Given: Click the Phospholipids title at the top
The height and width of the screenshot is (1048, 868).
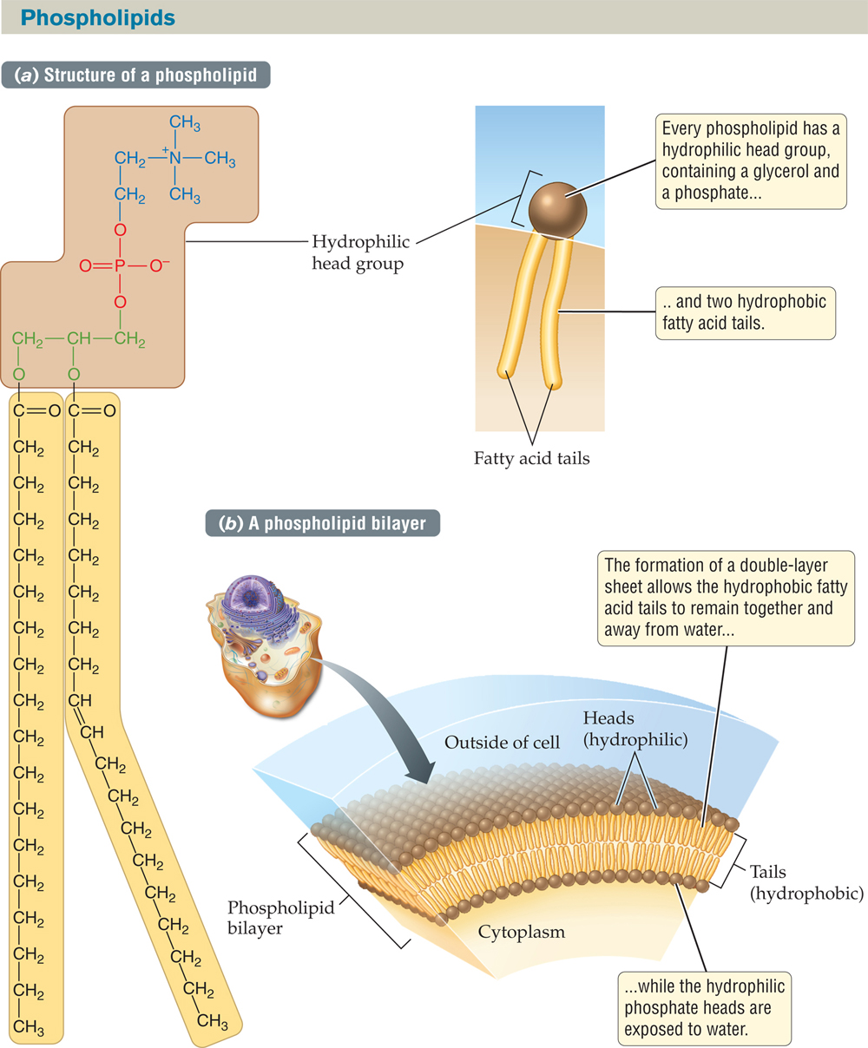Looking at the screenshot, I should (x=98, y=17).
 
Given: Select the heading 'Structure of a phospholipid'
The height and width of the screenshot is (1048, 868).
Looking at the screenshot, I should (x=138, y=75).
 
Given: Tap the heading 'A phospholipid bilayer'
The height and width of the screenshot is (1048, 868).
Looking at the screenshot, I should (x=322, y=523).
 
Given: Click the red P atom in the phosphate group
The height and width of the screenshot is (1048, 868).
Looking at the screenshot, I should (x=120, y=266).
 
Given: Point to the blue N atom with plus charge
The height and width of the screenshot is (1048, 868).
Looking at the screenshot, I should (x=175, y=159).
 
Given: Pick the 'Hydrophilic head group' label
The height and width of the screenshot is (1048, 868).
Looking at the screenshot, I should (x=360, y=252).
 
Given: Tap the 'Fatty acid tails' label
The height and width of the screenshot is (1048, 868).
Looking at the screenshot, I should (x=531, y=458).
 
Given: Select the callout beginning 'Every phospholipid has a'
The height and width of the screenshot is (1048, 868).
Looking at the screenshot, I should (x=750, y=160).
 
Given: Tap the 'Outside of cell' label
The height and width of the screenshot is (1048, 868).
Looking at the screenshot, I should (x=502, y=743).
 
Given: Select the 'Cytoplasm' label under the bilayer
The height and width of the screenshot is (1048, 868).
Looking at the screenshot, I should (x=521, y=933).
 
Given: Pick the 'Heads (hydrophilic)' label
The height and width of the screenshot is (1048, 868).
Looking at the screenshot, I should (x=635, y=729).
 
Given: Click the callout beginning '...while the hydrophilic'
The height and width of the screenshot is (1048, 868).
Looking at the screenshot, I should (x=704, y=1008).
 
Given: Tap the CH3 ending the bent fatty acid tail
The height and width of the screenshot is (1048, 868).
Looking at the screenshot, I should (x=213, y=1020).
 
